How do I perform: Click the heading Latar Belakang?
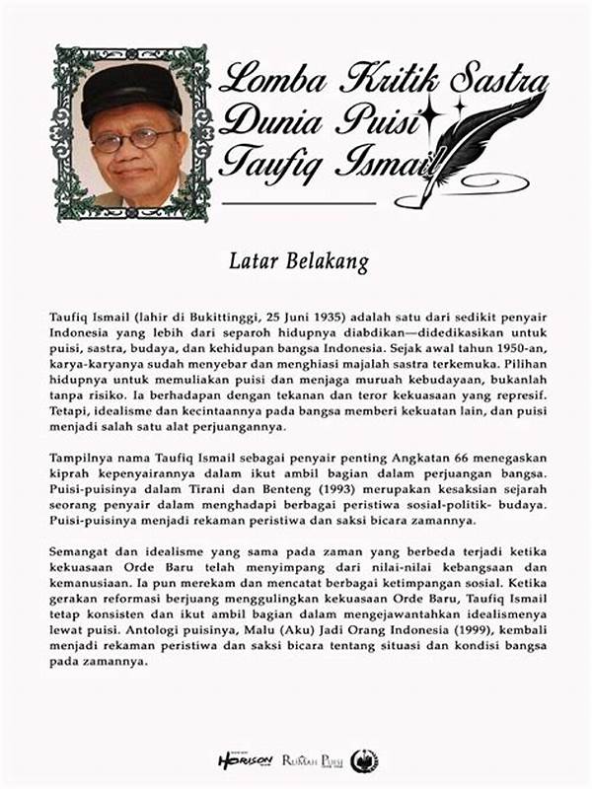pos(297,262)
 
